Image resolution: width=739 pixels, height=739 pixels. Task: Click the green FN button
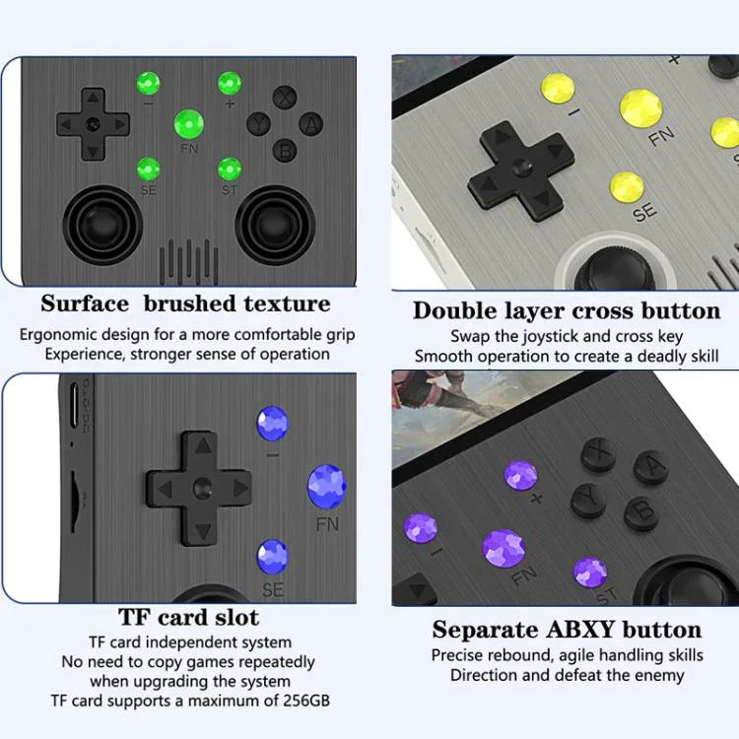click(189, 124)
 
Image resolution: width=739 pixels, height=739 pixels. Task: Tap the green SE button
click(148, 168)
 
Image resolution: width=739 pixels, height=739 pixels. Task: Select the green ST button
click(230, 168)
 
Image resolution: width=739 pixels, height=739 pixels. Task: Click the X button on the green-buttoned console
click(286, 98)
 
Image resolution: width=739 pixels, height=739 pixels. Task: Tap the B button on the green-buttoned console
click(286, 149)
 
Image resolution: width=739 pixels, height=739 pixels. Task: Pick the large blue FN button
click(326, 486)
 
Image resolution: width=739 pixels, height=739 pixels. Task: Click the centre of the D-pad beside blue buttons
click(201, 487)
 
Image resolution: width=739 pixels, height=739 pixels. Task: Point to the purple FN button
click(504, 548)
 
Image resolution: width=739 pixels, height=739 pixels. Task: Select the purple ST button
click(590, 572)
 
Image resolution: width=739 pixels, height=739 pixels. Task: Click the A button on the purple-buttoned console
click(651, 468)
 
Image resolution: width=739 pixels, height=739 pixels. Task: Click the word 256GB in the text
click(300, 701)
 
